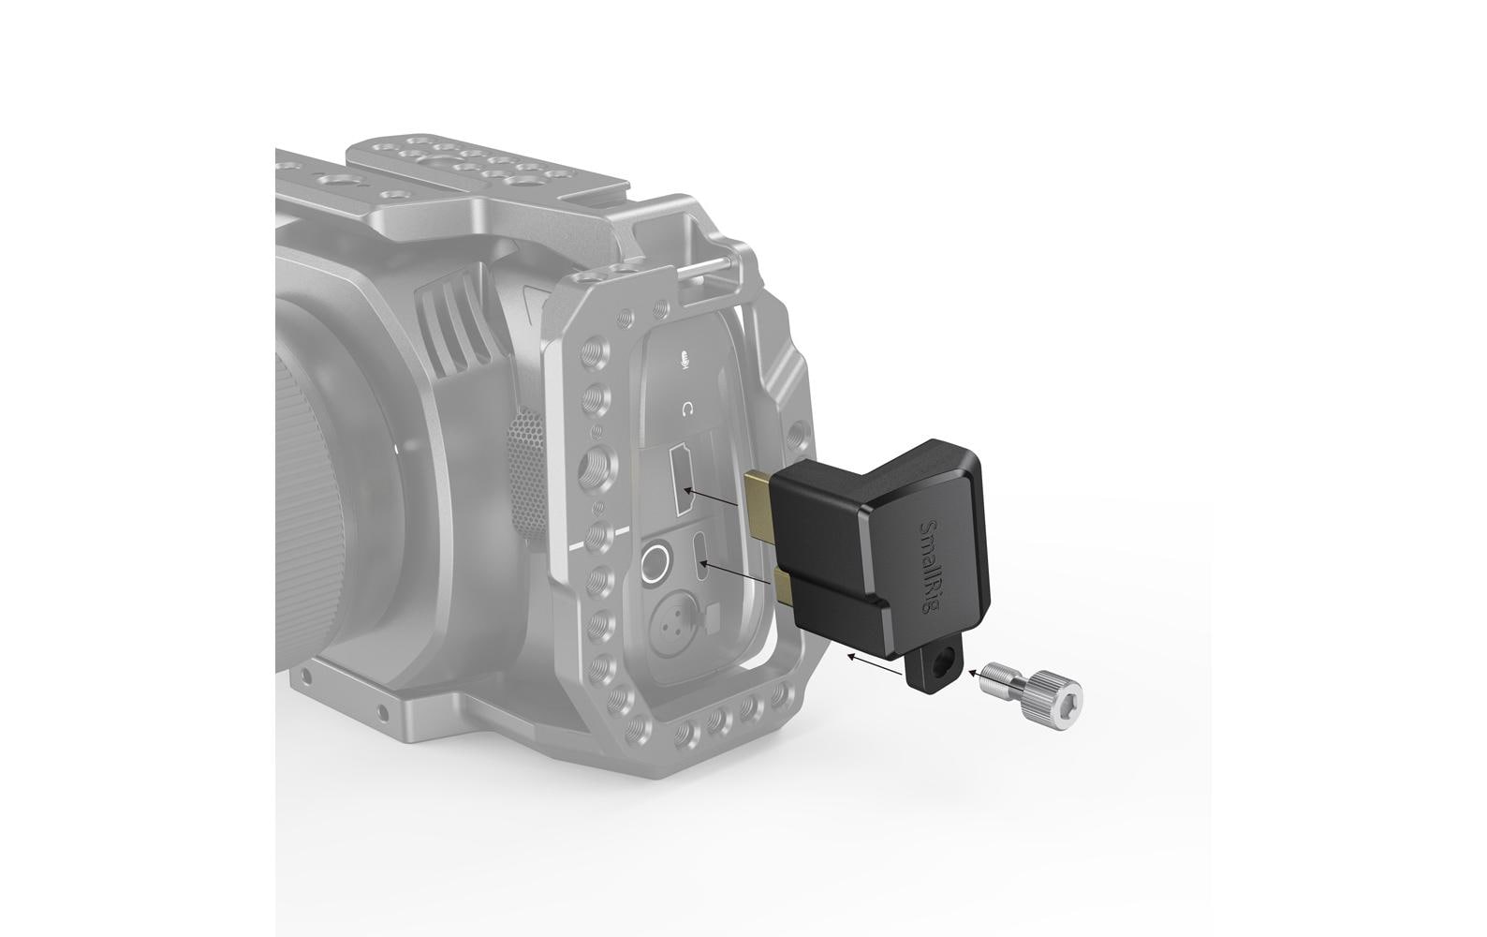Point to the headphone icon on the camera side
688,409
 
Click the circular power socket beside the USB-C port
655,564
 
